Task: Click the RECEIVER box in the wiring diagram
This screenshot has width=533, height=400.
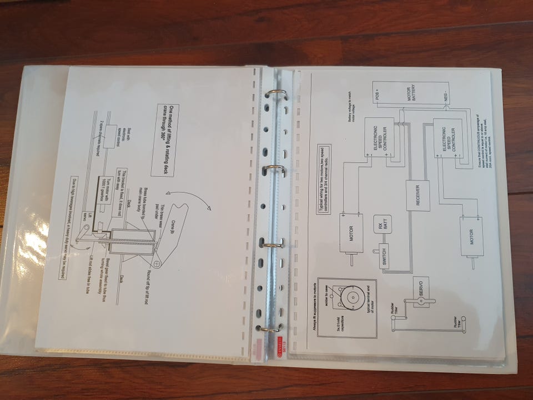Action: click(418, 196)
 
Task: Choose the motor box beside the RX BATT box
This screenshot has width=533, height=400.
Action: click(350, 234)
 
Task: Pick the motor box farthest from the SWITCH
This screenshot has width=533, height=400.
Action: click(471, 236)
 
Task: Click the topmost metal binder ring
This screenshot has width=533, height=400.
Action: click(276, 94)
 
